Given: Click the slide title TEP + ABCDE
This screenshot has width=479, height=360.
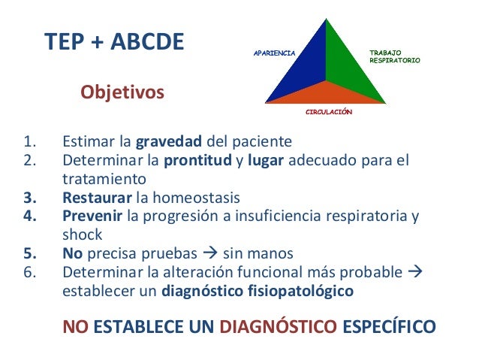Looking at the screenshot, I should click(114, 43).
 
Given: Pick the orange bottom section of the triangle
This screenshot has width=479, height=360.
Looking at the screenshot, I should click(327, 94).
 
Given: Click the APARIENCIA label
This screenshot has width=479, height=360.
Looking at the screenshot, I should click(274, 53).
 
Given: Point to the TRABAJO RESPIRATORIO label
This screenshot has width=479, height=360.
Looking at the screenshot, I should click(394, 56).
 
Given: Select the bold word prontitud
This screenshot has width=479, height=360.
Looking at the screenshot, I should click(196, 160).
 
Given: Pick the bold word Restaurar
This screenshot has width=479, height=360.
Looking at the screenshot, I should click(96, 198).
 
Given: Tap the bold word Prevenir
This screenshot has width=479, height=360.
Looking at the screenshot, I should click(93, 217).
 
